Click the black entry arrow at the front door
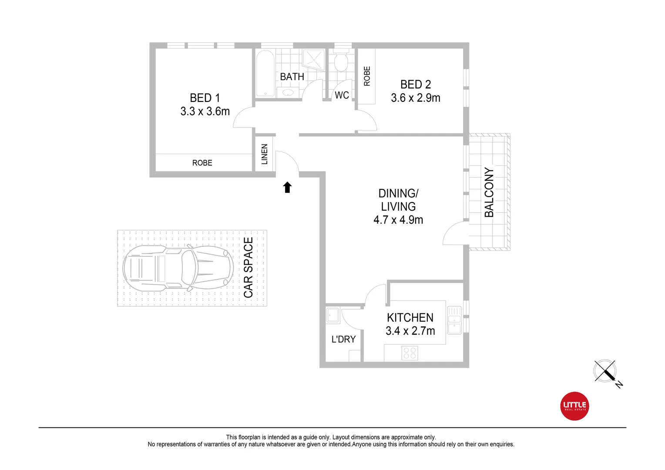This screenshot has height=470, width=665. click(287, 188)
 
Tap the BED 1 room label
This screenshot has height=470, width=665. click(205, 98)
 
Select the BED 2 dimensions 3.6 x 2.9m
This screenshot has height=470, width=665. click(415, 98)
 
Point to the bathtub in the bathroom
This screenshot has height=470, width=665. click(265, 73)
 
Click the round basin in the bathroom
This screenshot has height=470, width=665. click(287, 92)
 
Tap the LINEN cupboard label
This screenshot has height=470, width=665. click(264, 154)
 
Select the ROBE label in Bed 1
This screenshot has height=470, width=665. click(202, 163)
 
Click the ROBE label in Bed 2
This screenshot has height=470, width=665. click(367, 76)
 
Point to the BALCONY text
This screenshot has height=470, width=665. click(489, 192)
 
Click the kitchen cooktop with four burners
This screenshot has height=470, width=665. click(410, 353)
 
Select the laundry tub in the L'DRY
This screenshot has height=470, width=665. click(333, 316)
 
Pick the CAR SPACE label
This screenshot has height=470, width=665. click(248, 268)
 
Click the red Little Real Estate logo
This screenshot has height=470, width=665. click(574, 406)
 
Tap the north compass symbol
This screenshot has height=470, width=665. click(605, 372)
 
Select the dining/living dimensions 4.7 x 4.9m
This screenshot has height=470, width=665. click(398, 220)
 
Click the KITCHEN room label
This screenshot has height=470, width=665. click(410, 318)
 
